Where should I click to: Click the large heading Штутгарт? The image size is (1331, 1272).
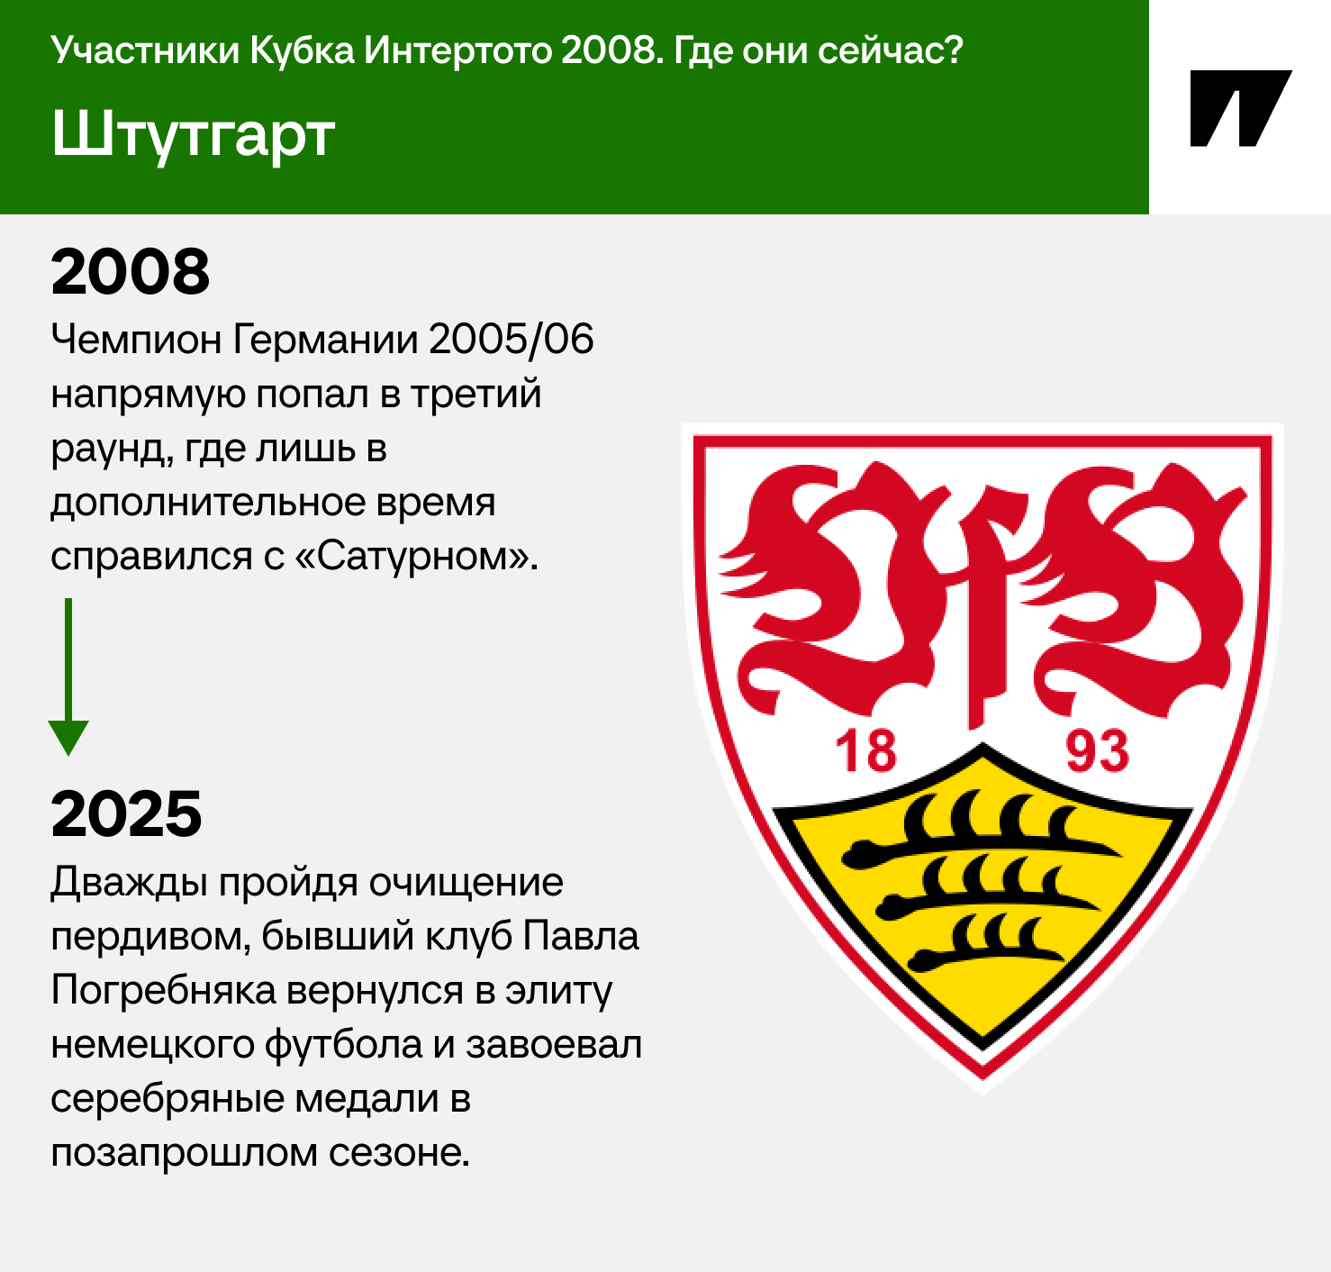pos(193,134)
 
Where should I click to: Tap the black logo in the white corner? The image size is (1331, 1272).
pos(1240,108)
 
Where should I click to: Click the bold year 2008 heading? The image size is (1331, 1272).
pos(130,272)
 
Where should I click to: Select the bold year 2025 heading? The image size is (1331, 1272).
pos(127,814)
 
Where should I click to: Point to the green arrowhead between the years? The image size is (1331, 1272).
pos(68,736)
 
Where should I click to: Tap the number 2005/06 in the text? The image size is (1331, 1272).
pos(511,340)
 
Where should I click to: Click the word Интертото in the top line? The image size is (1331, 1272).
pos(457,50)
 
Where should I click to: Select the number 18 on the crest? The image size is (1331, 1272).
pos(865,751)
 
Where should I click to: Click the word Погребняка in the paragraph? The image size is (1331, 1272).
pos(164,991)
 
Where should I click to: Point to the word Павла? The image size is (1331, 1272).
pos(581,936)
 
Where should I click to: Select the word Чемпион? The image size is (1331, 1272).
pos(136,340)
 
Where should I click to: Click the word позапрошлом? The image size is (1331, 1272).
pos(184,1154)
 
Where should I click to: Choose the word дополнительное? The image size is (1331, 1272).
pos(208,503)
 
